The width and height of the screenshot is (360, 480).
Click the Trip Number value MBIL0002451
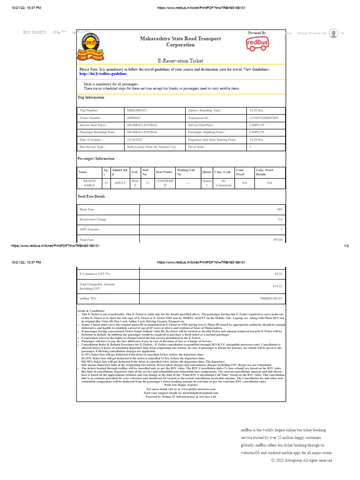point(137,110)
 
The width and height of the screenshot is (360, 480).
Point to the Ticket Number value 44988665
point(134,118)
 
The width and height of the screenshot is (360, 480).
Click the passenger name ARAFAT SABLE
point(89,182)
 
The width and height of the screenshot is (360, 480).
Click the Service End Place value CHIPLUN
point(256,125)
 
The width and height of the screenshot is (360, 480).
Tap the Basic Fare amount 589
point(280,209)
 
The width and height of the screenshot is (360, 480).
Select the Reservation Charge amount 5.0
point(280,219)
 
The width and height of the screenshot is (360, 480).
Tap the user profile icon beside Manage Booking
point(334,33)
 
